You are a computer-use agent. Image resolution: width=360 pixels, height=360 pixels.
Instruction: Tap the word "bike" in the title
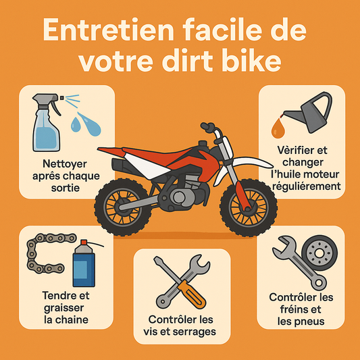(251, 60)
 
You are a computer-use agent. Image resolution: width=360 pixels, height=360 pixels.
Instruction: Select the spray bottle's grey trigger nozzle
(47, 102)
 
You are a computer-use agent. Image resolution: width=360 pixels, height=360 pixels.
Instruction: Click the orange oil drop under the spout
(278, 128)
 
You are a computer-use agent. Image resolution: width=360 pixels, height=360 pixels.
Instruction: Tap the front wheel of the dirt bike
(249, 208)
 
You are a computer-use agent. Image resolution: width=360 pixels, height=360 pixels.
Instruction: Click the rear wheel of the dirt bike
(123, 207)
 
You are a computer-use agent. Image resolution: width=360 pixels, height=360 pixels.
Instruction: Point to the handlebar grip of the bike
(207, 126)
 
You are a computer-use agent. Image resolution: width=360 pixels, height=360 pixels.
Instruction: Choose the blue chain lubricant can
(84, 263)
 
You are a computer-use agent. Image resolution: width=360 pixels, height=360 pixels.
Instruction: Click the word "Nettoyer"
(65, 164)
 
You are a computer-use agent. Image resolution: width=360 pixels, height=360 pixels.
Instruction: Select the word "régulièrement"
(306, 186)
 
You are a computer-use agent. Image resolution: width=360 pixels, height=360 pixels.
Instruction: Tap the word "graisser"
(63, 309)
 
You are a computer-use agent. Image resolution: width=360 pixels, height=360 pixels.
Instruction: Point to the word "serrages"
(196, 332)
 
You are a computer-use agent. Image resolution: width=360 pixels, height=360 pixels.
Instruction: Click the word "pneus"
(311, 322)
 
